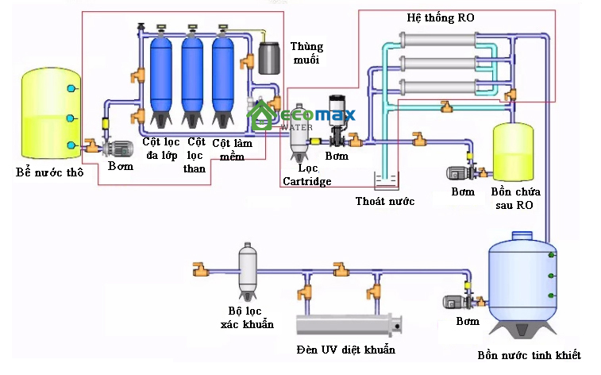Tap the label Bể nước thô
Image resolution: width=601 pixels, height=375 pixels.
(48, 172)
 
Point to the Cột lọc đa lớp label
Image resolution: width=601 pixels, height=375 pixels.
(161, 149)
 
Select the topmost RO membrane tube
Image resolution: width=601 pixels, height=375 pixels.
(442, 39)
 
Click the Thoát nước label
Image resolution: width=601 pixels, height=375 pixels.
(385, 201)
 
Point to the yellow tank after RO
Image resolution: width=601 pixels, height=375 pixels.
(514, 150)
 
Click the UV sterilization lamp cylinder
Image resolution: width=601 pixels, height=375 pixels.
(348, 325)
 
